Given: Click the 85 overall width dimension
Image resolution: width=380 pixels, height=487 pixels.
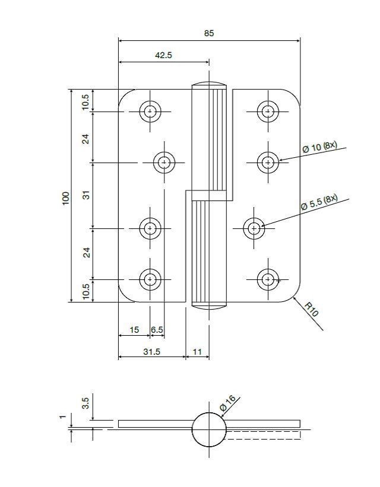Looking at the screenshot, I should point(209,34).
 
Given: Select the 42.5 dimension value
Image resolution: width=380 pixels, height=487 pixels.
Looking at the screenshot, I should point(163,55).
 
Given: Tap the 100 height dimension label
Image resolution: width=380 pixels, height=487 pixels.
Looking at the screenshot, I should point(66,198).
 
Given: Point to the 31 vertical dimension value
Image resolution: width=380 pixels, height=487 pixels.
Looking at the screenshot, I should point(86,194).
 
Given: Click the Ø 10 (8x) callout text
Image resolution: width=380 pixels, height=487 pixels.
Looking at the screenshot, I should point(319,147).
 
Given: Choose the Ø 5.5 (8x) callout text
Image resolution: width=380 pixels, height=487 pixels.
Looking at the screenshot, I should point(319,202).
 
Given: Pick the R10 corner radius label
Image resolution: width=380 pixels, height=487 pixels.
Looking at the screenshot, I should point(312,309).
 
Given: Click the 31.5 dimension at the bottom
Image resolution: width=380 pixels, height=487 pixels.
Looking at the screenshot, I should point(151,352).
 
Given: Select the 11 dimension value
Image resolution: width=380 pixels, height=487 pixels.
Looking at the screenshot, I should point(197,352).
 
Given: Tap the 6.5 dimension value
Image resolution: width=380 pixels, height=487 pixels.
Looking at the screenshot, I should point(157,330).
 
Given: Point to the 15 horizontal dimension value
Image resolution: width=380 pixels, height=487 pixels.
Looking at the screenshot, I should point(134,330).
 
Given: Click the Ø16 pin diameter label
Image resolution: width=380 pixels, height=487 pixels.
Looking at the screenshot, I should point(228,403).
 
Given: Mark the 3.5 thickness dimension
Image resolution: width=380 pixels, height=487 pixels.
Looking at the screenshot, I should point(86,403).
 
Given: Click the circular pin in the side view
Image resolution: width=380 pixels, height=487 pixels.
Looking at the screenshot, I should point(209,429).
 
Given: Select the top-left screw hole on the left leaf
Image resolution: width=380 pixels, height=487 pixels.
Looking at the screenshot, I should point(150,111).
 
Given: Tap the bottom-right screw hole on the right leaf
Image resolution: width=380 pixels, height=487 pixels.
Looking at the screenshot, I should point(268,279).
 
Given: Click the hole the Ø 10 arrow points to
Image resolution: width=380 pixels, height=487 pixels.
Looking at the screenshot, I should point(268,161).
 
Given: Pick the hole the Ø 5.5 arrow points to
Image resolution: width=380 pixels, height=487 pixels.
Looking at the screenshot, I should point(255,228).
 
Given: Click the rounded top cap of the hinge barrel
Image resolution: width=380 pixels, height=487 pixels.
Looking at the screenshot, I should point(209,84).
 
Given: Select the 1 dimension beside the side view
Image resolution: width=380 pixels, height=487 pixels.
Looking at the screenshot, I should point(62,417).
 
